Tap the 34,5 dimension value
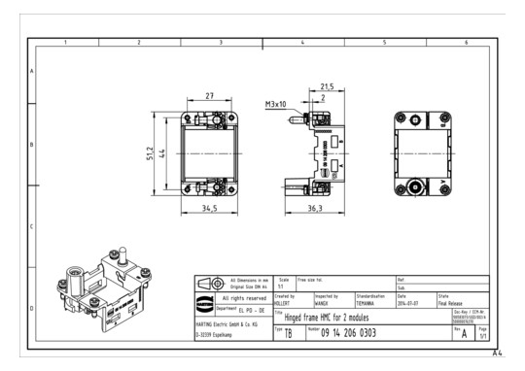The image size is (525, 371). [x=210, y=208]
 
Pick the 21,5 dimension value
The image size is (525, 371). [x=329, y=86]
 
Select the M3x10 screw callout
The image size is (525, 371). [x=278, y=104]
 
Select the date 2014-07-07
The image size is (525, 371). [x=408, y=301]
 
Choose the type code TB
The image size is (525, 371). [x=289, y=333]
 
